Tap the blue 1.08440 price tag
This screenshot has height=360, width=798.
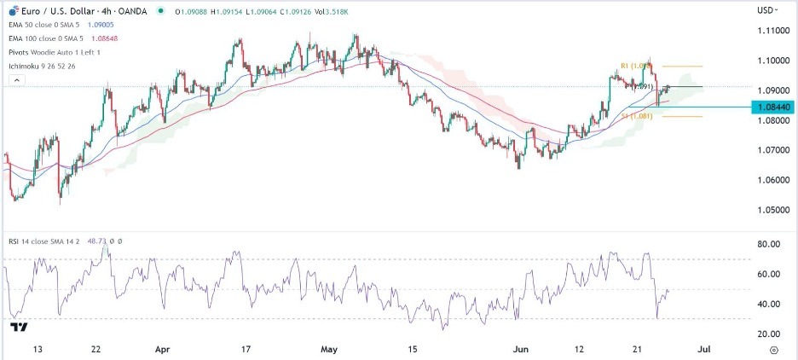769,107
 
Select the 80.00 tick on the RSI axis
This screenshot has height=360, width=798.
771,244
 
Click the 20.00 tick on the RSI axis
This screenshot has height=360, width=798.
771,334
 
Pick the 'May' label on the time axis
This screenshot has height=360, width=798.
328,349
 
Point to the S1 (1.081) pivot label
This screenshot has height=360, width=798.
639,116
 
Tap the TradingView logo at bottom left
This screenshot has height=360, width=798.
19,327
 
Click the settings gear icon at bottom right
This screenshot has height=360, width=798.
772,349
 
